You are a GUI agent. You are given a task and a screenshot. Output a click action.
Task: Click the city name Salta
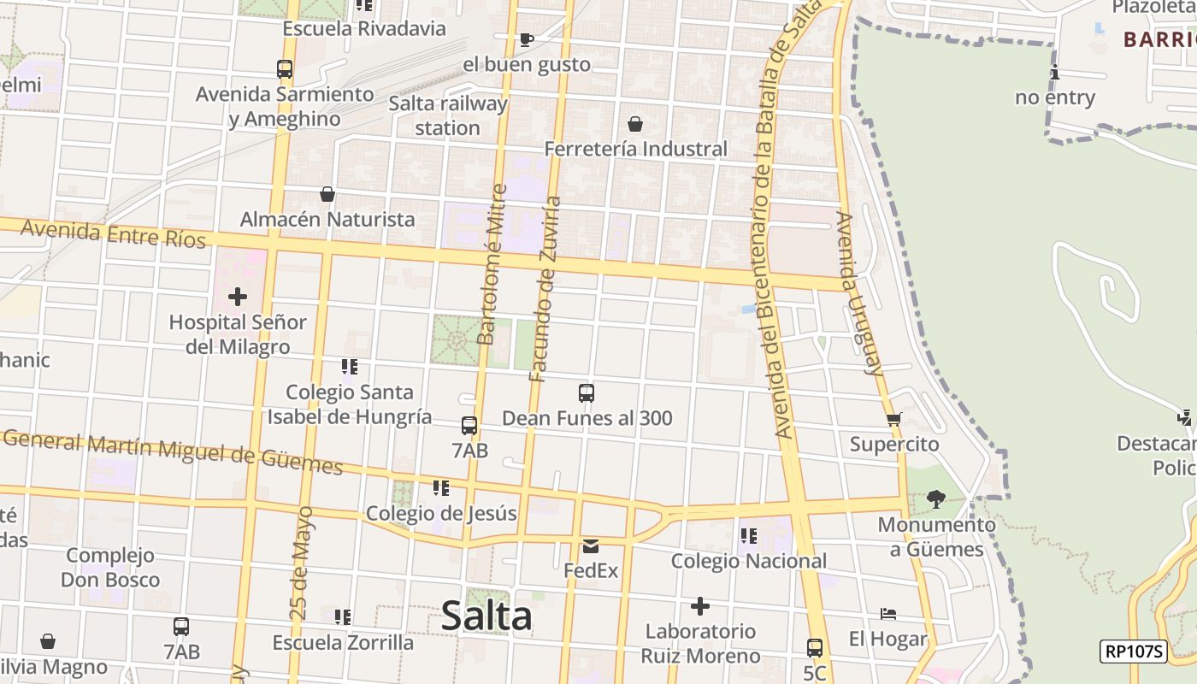click(486, 616)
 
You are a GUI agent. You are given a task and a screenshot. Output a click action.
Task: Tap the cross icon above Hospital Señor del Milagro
click(238, 297)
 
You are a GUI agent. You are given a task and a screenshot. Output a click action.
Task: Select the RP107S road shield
click(1133, 652)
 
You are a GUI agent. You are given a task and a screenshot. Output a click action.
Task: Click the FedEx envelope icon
click(591, 545)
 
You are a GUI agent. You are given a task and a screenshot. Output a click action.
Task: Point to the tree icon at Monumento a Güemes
click(936, 498)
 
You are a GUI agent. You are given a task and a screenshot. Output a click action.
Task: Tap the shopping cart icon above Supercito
click(894, 419)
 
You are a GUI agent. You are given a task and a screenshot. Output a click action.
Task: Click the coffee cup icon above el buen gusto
click(527, 39)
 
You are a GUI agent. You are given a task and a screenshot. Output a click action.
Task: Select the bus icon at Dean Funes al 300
click(587, 393)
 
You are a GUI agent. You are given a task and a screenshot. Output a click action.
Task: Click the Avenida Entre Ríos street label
click(114, 233)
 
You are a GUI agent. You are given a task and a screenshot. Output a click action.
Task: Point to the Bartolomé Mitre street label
click(492, 265)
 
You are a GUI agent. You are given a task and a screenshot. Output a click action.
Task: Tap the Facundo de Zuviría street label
click(545, 289)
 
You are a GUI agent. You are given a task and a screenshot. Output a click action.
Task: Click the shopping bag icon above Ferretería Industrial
click(635, 124)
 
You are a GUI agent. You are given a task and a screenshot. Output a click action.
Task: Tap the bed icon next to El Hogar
click(888, 614)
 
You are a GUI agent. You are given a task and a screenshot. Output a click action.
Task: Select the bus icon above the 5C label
click(815, 648)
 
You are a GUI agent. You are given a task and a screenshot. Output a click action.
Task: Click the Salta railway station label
click(447, 115)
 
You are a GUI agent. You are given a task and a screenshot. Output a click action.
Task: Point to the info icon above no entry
click(1055, 72)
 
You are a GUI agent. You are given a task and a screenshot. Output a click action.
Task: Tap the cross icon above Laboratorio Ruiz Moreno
click(700, 607)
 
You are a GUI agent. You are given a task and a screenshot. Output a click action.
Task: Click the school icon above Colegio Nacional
click(749, 536)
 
